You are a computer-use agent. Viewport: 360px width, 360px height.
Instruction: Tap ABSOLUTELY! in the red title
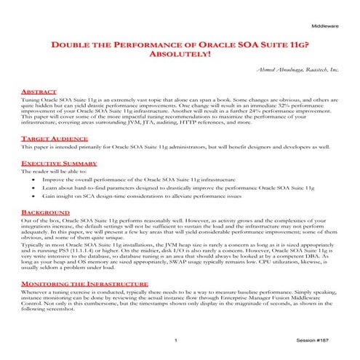pos(179,55)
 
